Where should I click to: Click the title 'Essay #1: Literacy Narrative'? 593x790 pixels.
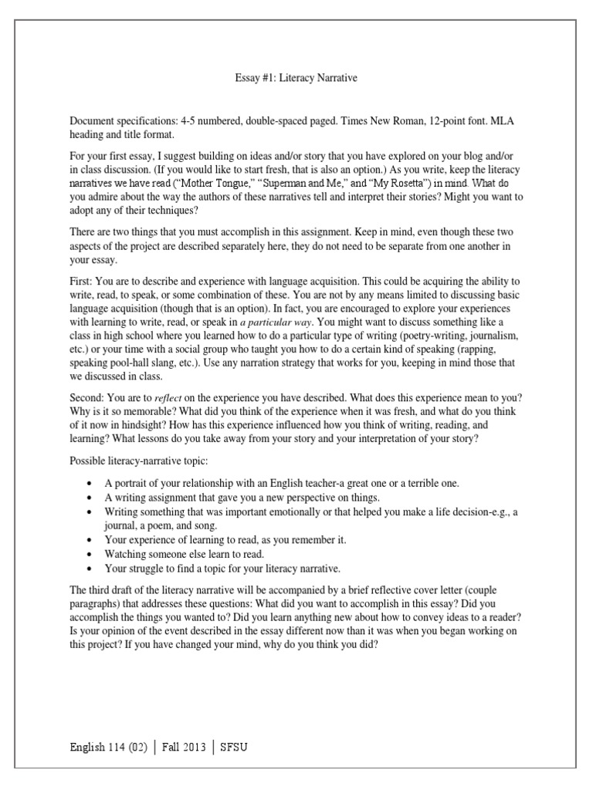[296, 78]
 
